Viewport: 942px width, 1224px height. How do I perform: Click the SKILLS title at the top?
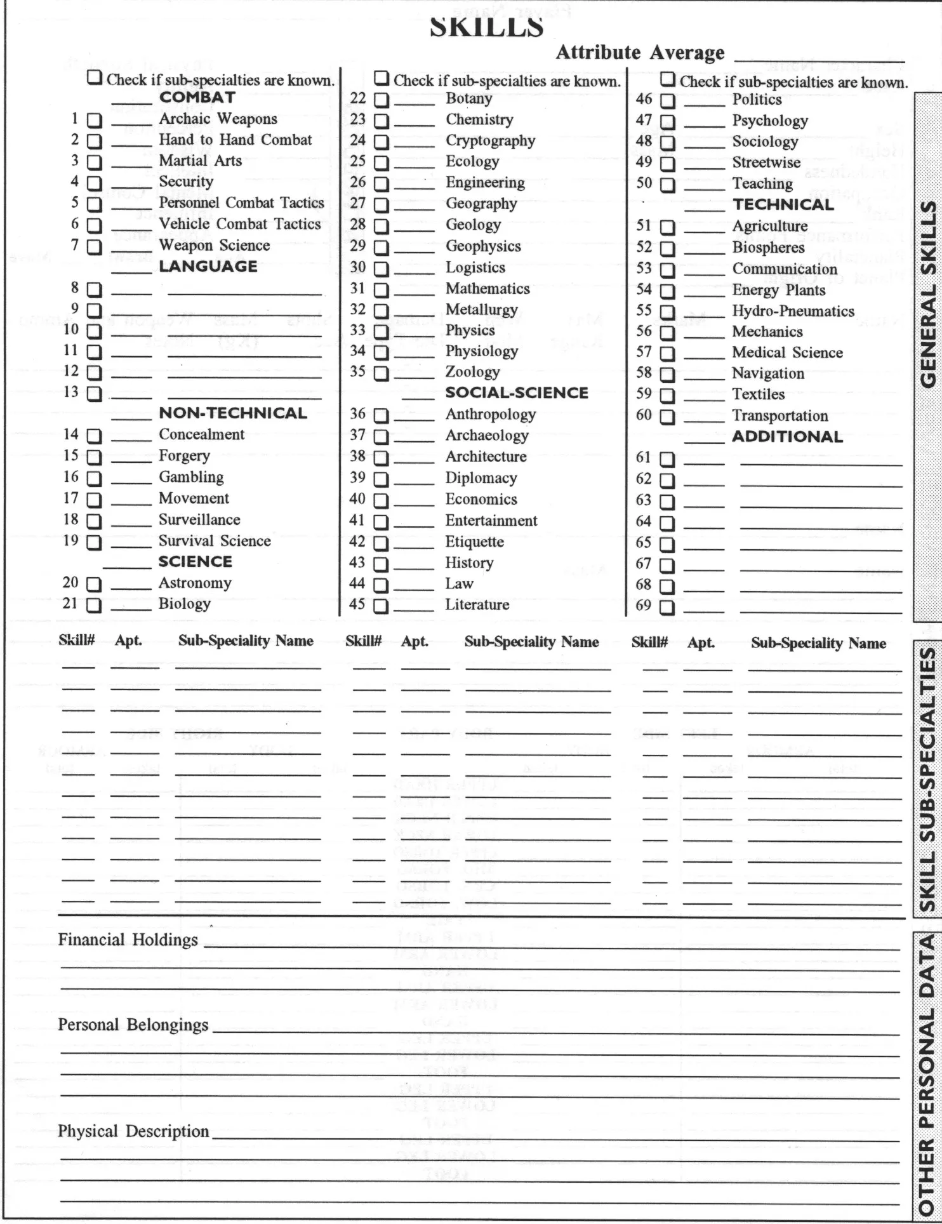pos(486,27)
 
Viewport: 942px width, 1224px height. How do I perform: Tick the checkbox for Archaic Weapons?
pos(94,120)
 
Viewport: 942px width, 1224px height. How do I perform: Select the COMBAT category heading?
pos(197,98)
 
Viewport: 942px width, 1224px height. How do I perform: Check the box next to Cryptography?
pos(381,142)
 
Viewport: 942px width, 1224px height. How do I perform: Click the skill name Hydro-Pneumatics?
pos(793,311)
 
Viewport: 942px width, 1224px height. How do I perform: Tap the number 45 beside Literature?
pos(357,604)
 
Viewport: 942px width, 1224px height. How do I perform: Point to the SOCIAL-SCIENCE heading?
pos(517,393)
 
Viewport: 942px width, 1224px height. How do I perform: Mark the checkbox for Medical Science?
pos(667,354)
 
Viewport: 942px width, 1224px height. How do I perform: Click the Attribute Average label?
pos(640,53)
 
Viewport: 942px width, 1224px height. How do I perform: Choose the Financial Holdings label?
pos(128,940)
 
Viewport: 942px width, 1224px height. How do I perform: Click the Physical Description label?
pos(133,1131)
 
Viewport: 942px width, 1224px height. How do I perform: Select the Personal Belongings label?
pos(133,1025)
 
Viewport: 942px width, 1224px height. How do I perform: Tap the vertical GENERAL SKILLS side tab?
pos(928,295)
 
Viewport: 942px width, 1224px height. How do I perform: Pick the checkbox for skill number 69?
pos(667,607)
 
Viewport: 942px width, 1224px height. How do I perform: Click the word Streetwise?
pos(766,163)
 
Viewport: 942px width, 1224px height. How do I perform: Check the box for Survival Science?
pos(94,542)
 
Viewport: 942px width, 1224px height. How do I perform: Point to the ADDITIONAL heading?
pos(787,437)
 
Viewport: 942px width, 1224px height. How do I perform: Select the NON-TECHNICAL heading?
pos(232,413)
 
